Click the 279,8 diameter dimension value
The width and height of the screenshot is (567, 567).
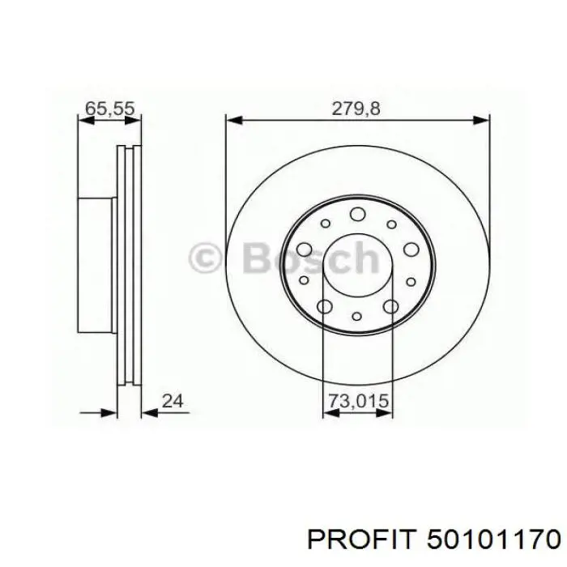point(356,109)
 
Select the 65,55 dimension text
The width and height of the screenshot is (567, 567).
point(110,109)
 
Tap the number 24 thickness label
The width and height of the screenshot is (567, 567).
point(173,401)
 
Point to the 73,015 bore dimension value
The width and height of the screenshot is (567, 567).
point(358,401)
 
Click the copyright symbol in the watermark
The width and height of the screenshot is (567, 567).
point(205,258)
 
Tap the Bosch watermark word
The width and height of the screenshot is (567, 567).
point(311,258)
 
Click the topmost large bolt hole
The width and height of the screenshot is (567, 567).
point(357,214)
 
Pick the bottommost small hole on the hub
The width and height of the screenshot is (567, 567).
point(357,317)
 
